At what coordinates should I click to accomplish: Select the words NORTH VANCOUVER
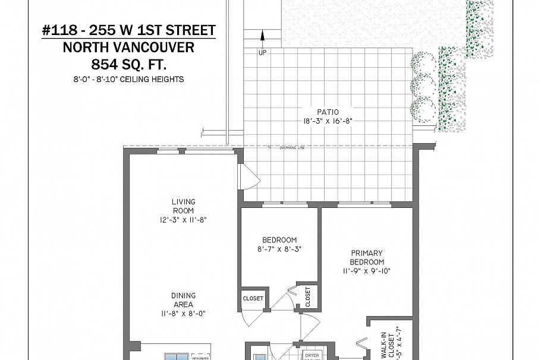click(129, 47)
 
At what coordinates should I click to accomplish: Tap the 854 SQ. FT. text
click(129, 64)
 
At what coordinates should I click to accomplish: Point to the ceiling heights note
click(129, 79)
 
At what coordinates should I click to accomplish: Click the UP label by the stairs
click(262, 53)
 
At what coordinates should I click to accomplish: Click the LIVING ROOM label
click(183, 206)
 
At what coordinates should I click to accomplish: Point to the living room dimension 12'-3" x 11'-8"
click(183, 220)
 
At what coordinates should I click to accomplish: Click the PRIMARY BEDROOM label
click(366, 257)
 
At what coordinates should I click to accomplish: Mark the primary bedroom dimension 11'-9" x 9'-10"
click(366, 271)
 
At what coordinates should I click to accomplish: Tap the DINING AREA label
click(183, 300)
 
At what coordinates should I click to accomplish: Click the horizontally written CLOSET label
click(253, 298)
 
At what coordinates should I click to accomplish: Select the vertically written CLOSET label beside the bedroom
click(308, 297)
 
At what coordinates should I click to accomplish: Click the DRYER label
click(312, 355)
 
